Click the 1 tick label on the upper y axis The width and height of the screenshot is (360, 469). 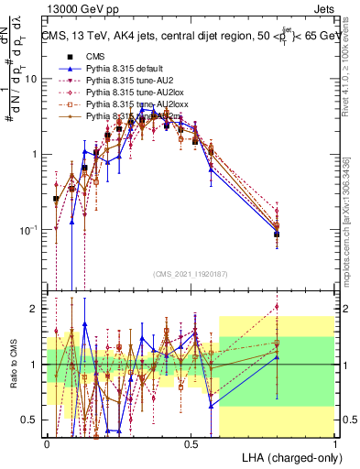click(36, 154)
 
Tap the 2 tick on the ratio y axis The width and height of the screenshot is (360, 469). click(36, 309)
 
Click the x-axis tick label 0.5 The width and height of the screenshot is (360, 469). click(191, 443)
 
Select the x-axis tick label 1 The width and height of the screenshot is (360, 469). click(334, 443)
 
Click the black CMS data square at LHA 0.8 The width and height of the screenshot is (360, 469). click(277, 234)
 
